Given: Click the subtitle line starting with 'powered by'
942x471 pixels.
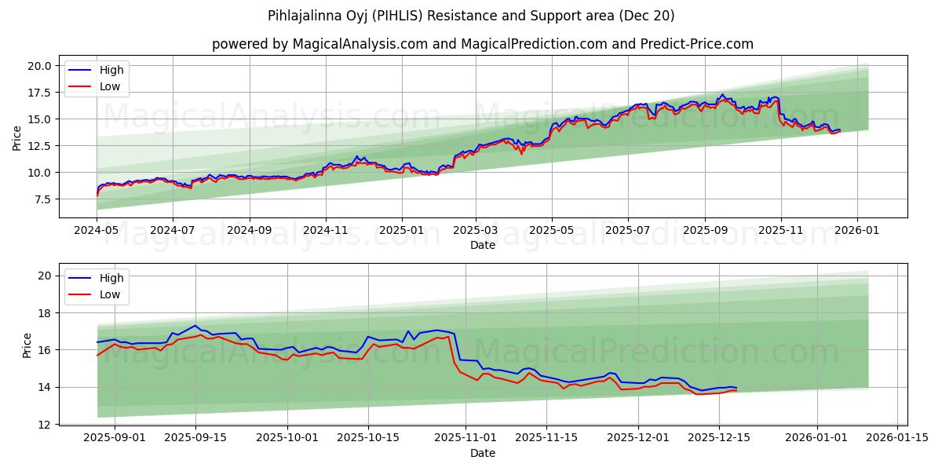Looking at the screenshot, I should point(482,44).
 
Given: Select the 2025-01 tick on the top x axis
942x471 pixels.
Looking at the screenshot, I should point(402,231).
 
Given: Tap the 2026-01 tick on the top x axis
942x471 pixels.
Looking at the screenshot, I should point(856,231).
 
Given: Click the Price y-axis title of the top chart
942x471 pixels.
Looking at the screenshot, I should point(17,138).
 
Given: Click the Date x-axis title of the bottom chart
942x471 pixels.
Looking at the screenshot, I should point(482,454).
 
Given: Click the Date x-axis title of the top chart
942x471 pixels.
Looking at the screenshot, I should point(482,245).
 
